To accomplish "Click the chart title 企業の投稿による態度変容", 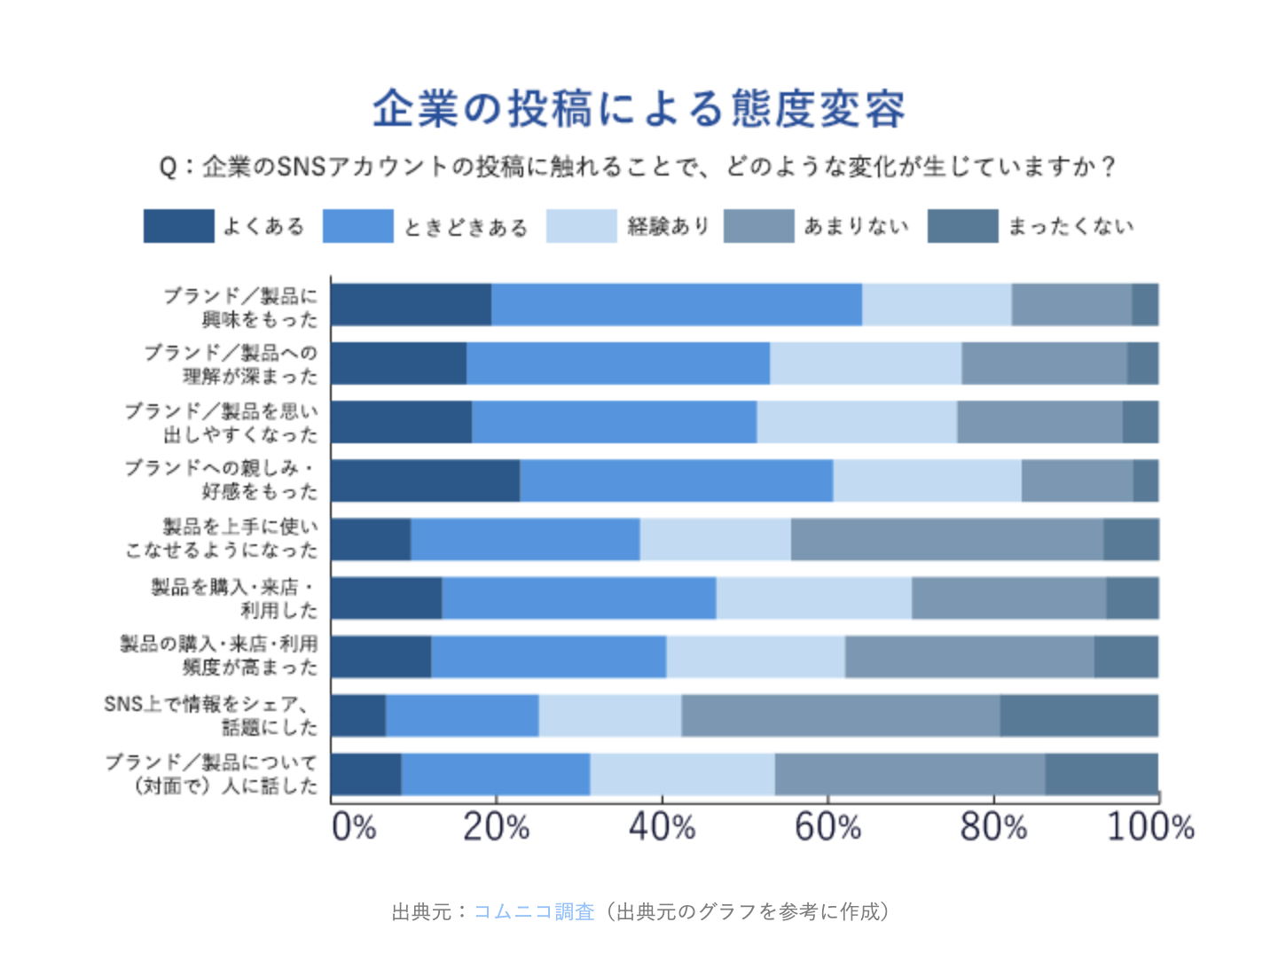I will [x=639, y=109].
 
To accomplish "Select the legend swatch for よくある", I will [x=178, y=226].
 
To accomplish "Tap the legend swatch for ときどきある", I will [x=357, y=226].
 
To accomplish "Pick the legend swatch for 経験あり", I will [x=581, y=226].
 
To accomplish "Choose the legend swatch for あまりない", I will [x=758, y=226].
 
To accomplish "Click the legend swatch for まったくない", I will [x=962, y=226].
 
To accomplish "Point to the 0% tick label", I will [x=353, y=827].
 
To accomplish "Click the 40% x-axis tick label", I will [x=662, y=827].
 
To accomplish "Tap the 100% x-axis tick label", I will [x=1149, y=827].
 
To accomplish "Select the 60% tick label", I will [x=827, y=827].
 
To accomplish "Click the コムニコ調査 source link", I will [x=534, y=911].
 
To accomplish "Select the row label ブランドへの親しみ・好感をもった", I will [x=222, y=480].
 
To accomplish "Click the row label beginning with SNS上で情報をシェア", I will [x=211, y=715].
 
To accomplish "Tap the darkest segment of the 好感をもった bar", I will [x=425, y=480].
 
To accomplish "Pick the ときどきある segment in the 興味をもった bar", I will [x=676, y=305].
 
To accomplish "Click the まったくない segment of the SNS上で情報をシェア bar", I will [x=1078, y=715].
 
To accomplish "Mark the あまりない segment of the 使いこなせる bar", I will [x=946, y=539].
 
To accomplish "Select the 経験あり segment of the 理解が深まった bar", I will [x=865, y=363].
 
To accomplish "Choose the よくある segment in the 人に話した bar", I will [x=365, y=774].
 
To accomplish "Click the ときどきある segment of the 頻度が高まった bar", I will [x=548, y=657].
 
